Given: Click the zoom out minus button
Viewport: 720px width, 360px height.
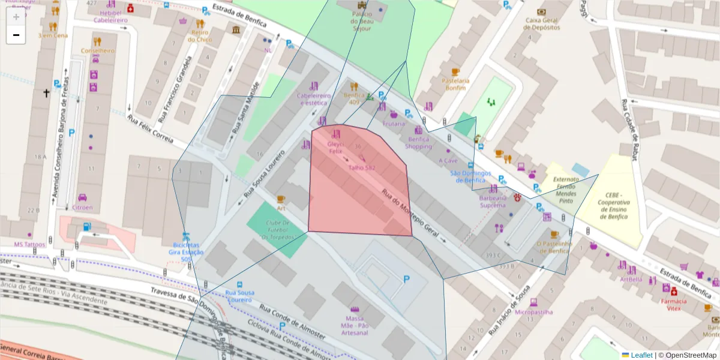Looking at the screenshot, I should tap(16, 35).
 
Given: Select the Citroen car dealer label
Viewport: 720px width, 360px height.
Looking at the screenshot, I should tap(83, 208).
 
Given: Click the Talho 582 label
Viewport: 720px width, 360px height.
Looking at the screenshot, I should tap(361, 168).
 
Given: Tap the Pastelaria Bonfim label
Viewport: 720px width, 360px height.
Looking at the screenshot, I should tap(455, 84).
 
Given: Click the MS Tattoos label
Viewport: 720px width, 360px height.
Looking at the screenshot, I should tap(30, 244).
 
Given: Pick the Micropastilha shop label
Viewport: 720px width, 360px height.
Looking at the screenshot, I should tap(533, 312).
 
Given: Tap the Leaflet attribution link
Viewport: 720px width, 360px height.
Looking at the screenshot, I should tap(641, 355).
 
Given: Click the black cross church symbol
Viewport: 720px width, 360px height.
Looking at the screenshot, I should tap(46, 93).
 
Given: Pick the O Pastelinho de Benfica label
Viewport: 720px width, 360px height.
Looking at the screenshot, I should tap(554, 247).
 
